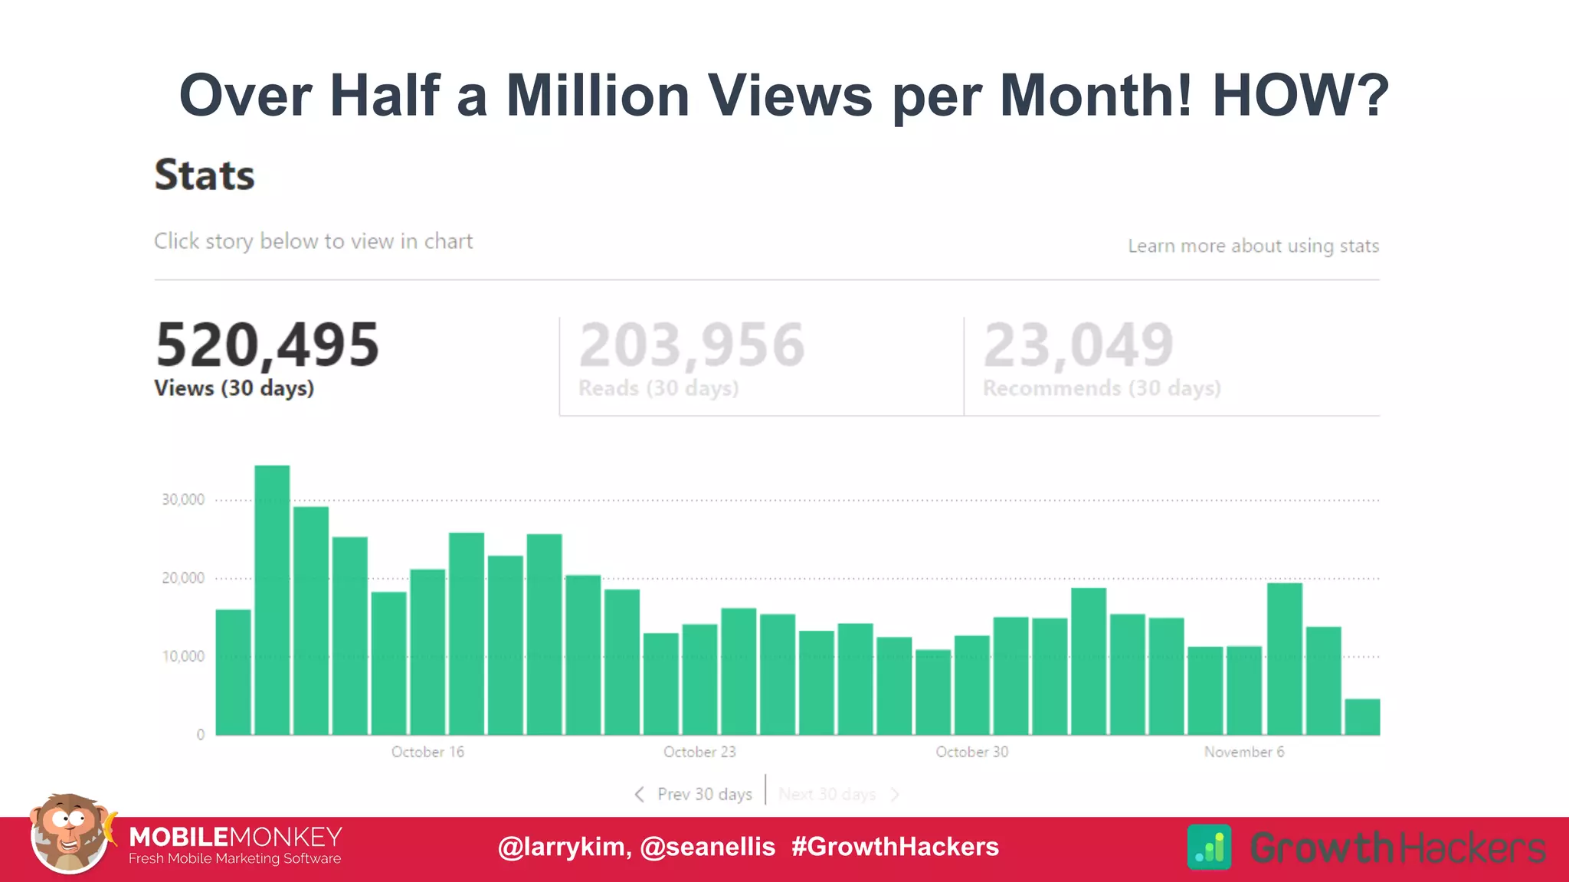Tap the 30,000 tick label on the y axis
click(183, 500)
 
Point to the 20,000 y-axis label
click(183, 578)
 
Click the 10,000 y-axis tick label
click(183, 656)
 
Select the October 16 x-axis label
click(427, 752)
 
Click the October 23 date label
click(699, 752)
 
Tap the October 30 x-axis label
click(971, 752)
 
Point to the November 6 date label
click(1243, 752)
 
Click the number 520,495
click(267, 345)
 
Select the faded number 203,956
click(692, 345)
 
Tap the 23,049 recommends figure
click(1078, 345)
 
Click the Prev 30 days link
click(703, 795)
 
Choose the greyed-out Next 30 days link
click(827, 795)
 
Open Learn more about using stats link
click(1253, 246)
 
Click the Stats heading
click(205, 175)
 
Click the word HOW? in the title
click(1300, 96)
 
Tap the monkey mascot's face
click(69, 831)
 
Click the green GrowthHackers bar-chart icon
click(1209, 847)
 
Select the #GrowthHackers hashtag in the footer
click(895, 847)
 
